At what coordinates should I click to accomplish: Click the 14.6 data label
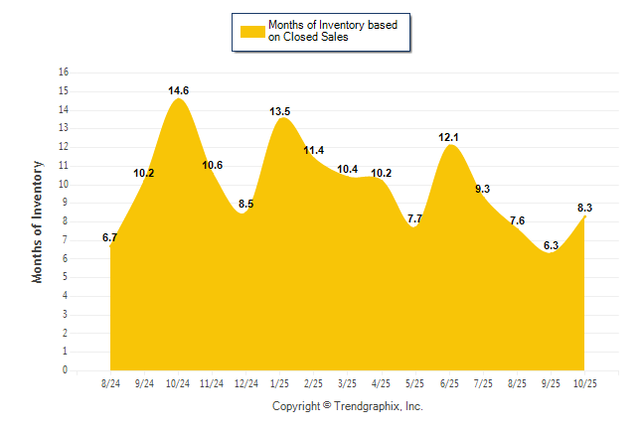point(178,90)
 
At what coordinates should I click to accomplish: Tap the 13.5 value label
point(280,111)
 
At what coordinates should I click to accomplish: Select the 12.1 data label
point(449,136)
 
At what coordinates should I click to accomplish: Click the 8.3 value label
point(585,208)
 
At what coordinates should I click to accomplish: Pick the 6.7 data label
point(110,237)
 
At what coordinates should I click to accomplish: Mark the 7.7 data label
point(415,218)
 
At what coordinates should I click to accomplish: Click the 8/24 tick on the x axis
point(110,382)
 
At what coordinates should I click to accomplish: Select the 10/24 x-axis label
point(178,382)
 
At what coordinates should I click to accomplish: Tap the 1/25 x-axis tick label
point(280,382)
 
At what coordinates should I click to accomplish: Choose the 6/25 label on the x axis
point(449,382)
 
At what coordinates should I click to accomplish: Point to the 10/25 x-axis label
point(585,382)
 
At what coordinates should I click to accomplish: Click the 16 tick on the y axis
point(64,72)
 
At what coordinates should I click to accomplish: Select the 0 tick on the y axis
point(66,370)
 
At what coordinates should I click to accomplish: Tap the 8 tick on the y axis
point(66,221)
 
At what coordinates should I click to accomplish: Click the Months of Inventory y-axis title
point(38,221)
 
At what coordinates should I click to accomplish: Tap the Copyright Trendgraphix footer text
point(348,406)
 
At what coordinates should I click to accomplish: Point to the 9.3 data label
point(483,188)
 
